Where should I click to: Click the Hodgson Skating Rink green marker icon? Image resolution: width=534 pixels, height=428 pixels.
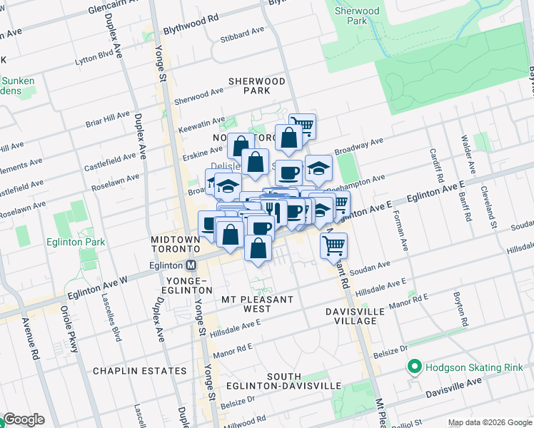pyautogui.click(x=413, y=368)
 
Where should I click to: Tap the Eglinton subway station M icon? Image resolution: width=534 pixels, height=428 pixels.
pyautogui.click(x=191, y=265)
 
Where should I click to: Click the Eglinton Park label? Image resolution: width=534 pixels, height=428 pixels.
pyautogui.click(x=75, y=242)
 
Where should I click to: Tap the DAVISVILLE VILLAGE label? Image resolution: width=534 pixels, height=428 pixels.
pyautogui.click(x=355, y=316)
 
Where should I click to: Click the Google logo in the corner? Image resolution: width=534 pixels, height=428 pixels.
pyautogui.click(x=24, y=419)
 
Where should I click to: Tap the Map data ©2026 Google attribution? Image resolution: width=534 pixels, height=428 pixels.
pyautogui.click(x=490, y=422)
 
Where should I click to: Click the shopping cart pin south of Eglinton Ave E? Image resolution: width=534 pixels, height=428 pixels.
pyautogui.click(x=333, y=245)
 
